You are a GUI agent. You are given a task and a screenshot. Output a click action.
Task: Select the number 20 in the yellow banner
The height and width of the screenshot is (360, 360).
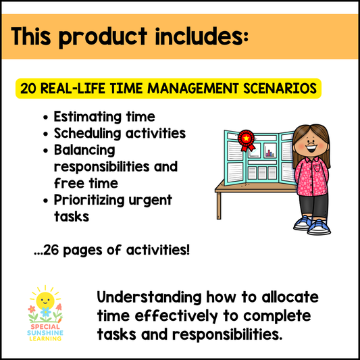point(28,88)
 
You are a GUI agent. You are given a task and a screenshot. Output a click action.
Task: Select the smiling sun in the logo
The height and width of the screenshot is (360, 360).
point(44,300)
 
